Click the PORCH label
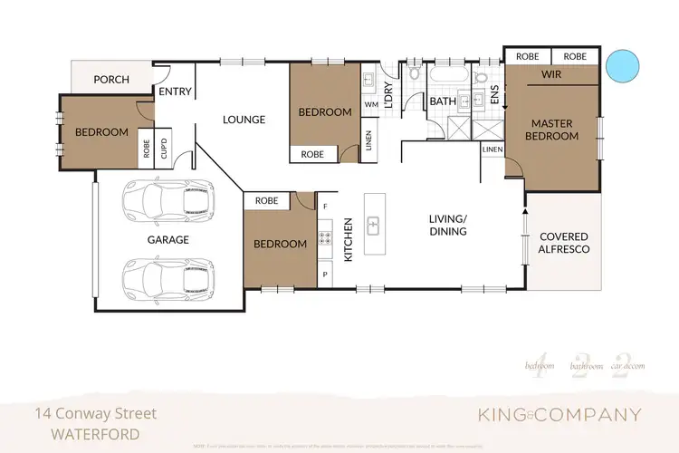111,80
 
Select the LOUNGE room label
244,120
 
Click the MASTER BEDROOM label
554,130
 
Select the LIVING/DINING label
448,225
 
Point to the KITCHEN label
347,239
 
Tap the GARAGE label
167,240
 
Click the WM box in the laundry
369,105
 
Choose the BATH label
442,101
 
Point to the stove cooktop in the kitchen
325,240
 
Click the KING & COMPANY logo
559,415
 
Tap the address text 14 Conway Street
95,413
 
